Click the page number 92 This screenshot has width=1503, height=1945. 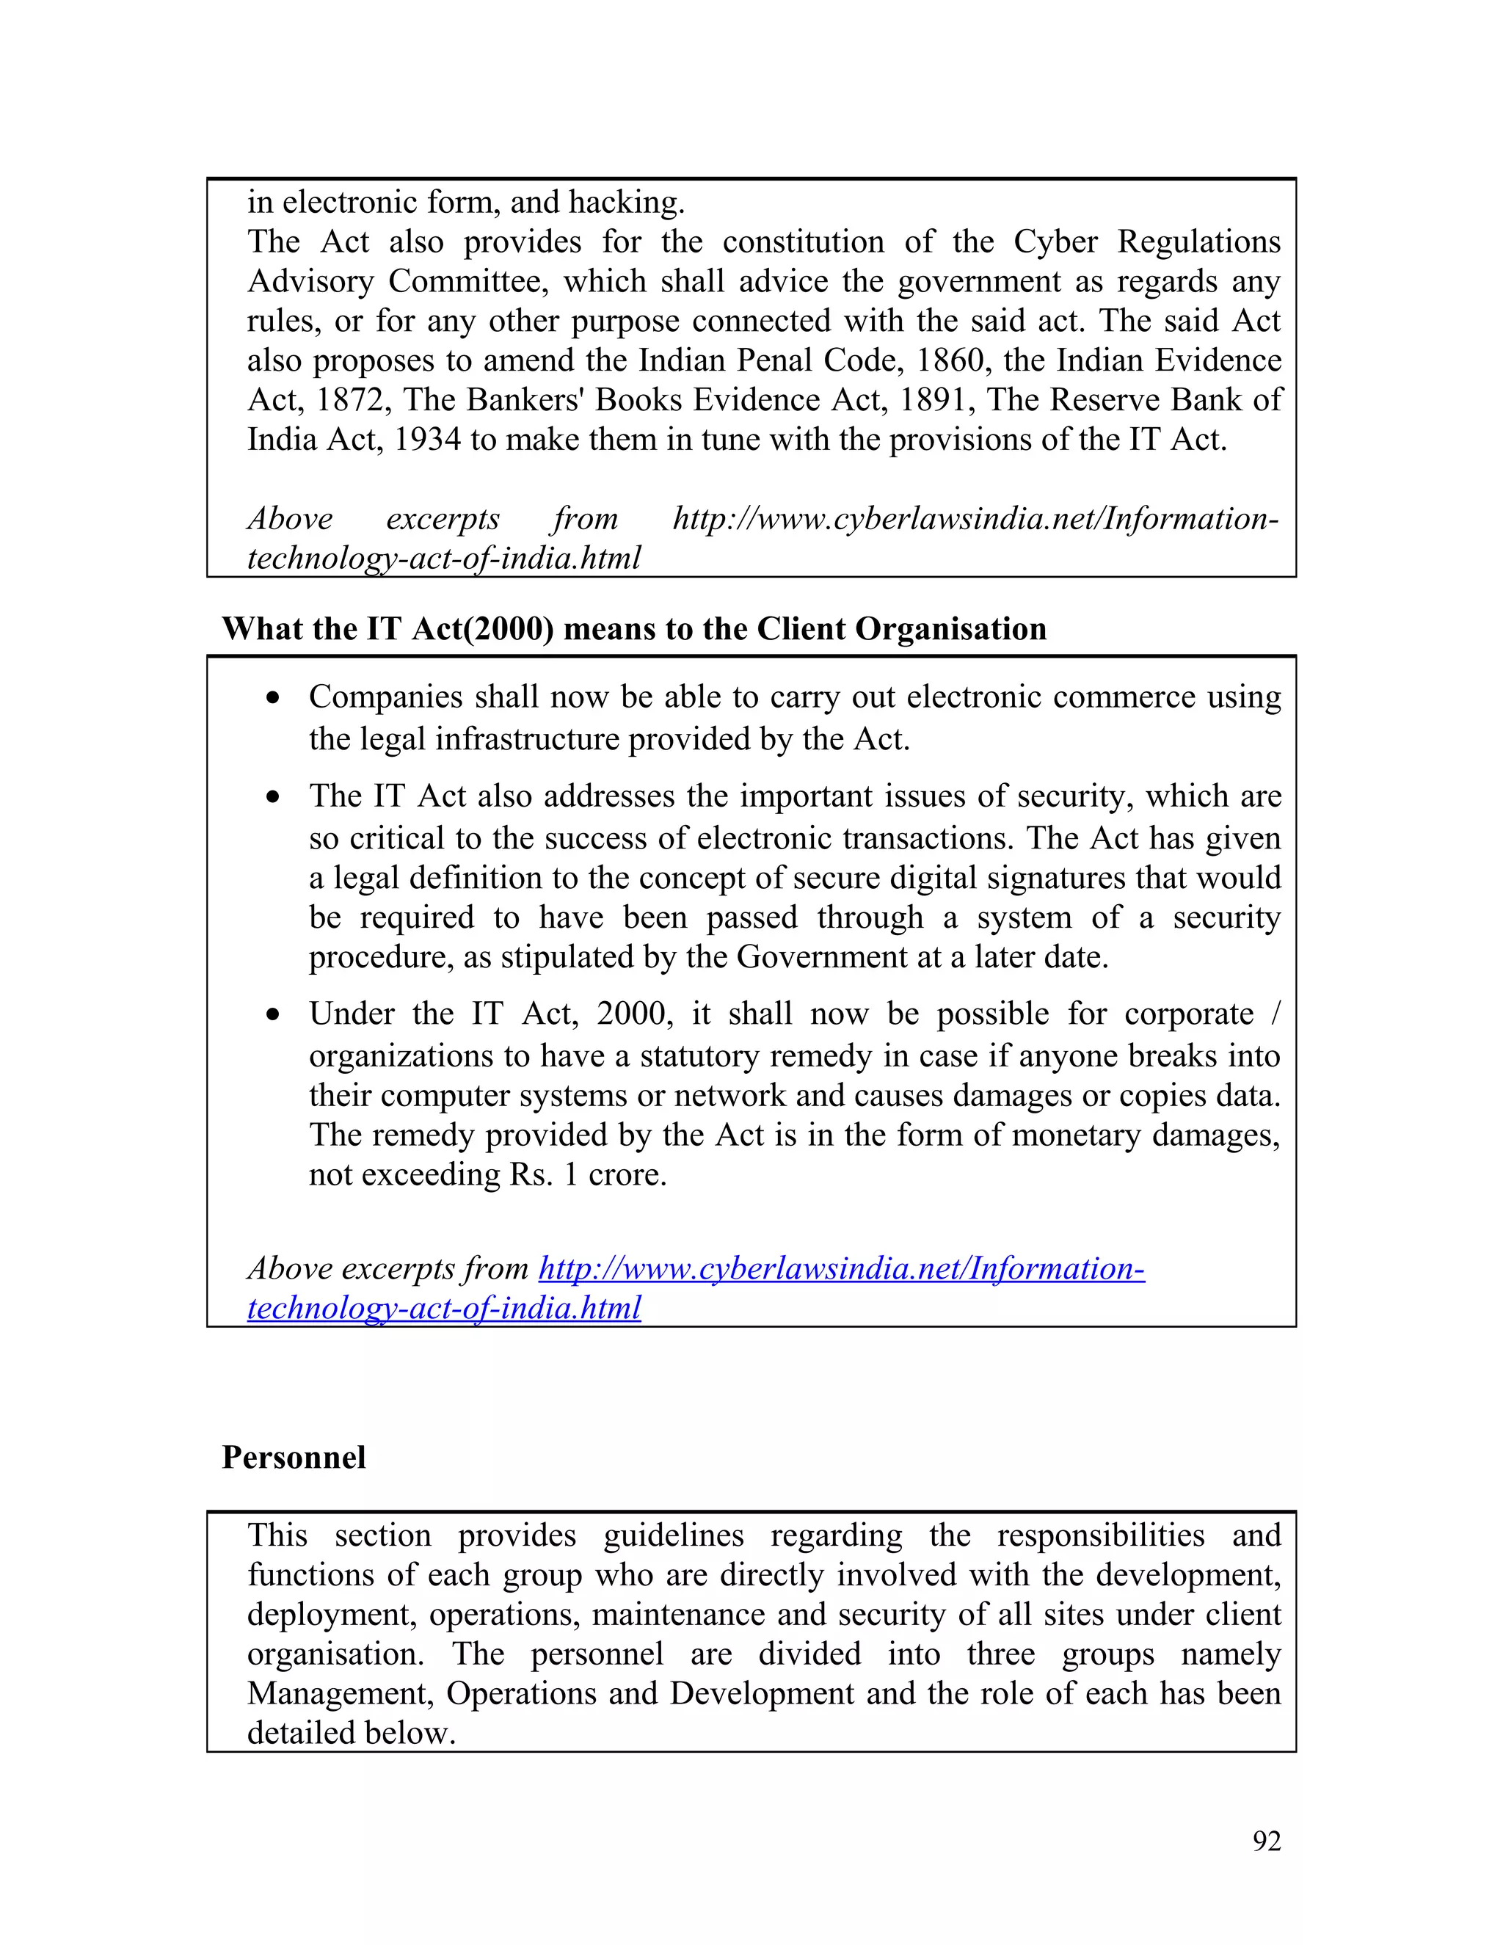tap(1266, 1840)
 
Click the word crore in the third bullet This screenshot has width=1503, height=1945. tap(627, 1174)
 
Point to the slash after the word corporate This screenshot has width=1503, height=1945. tap(1275, 1014)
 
